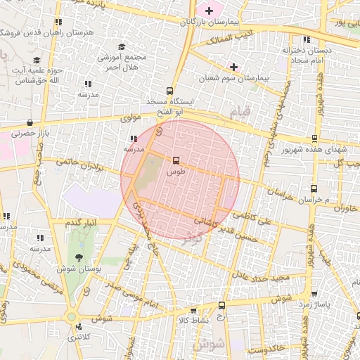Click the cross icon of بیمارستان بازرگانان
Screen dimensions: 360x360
coord(209,11)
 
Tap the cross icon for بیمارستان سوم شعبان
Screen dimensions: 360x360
coord(233,67)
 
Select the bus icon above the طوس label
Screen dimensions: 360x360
coord(176,160)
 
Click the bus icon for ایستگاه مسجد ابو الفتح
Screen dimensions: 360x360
coord(169,91)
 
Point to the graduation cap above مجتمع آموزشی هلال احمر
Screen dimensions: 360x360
coord(121,46)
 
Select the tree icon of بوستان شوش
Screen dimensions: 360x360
coord(78,257)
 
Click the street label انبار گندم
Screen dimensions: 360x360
coord(81,223)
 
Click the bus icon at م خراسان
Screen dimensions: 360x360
coord(314,188)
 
